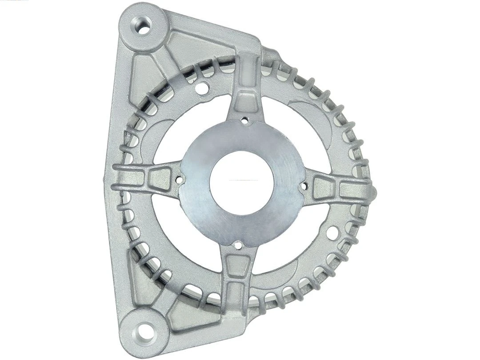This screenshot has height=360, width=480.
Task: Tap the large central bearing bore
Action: (x=241, y=183)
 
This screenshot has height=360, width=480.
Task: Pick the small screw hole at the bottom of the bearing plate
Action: (x=239, y=244)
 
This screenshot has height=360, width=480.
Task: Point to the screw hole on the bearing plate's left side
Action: (x=180, y=180)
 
